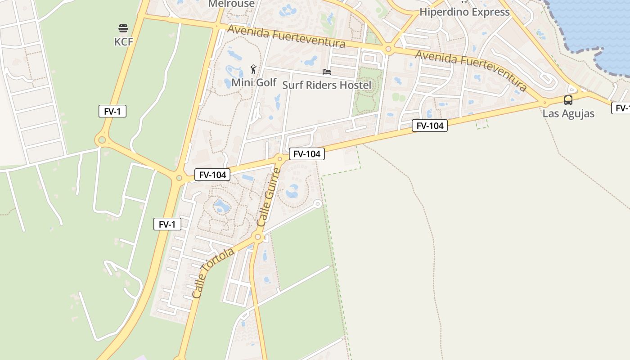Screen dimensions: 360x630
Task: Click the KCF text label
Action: (123, 42)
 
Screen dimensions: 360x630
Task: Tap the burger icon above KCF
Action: (123, 29)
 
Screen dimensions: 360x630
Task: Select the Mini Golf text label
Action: (254, 82)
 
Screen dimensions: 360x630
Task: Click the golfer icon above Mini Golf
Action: (254, 69)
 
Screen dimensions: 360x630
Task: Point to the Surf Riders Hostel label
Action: (327, 85)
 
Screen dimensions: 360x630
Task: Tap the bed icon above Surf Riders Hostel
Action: (327, 72)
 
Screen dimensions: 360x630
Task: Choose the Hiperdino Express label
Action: (464, 12)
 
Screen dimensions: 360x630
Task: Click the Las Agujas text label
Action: (568, 113)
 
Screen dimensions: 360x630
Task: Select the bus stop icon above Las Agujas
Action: (568, 100)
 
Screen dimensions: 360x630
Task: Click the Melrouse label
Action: (231, 4)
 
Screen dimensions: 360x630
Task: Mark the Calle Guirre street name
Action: (268, 198)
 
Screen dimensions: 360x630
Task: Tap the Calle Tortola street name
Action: (213, 273)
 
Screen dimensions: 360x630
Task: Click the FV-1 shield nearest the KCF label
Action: (112, 111)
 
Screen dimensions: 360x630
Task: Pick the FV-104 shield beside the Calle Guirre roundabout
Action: (306, 154)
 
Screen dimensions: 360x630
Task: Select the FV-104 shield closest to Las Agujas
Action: (430, 126)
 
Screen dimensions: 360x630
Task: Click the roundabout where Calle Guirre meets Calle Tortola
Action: (258, 237)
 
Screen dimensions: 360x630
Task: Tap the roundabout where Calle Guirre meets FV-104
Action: (280, 158)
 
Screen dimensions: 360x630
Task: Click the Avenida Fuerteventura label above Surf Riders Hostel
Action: (286, 36)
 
